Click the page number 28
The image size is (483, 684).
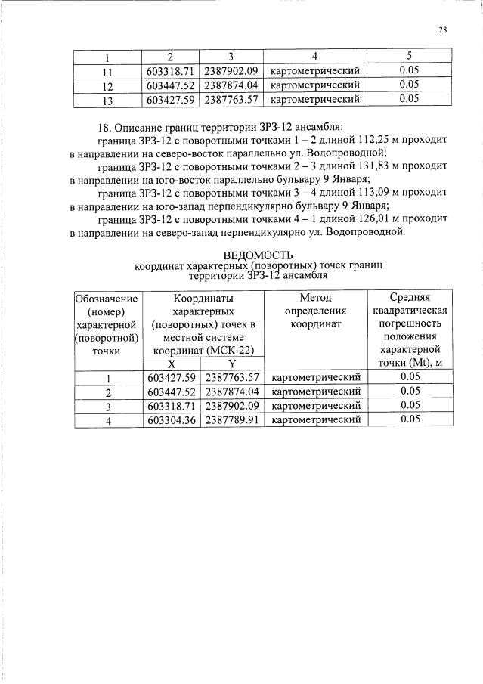coord(442,31)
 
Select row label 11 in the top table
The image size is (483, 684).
coord(107,72)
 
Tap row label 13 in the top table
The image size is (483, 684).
coord(107,99)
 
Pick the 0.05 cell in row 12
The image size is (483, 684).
coord(409,85)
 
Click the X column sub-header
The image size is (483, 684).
coord(172,364)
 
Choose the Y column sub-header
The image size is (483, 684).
coord(232,364)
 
